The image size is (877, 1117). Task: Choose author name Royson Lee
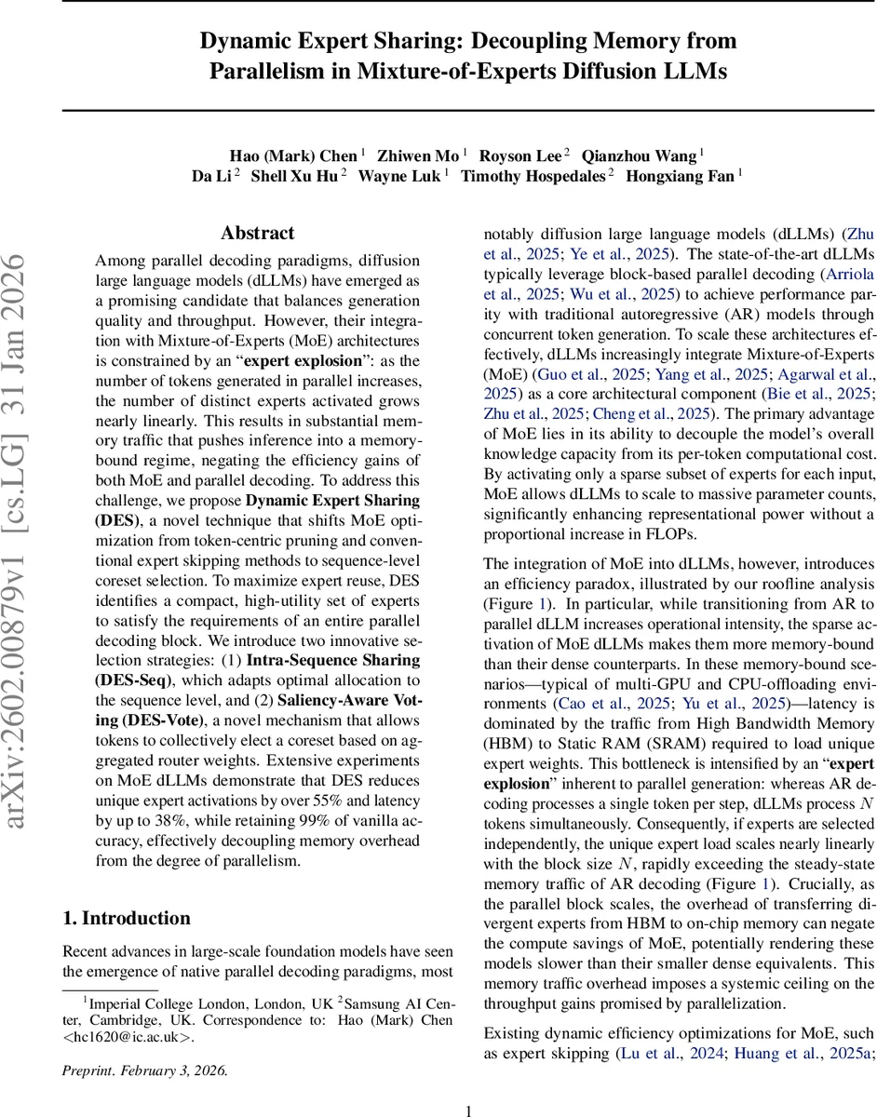coord(524,155)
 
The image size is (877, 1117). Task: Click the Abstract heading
coord(257,233)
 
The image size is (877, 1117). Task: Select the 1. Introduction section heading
coord(126,918)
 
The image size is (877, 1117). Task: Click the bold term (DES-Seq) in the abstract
coord(133,678)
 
